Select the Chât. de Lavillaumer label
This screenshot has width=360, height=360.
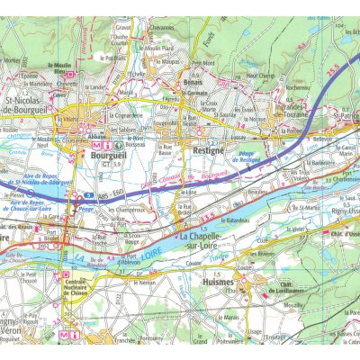pos(275,289)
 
